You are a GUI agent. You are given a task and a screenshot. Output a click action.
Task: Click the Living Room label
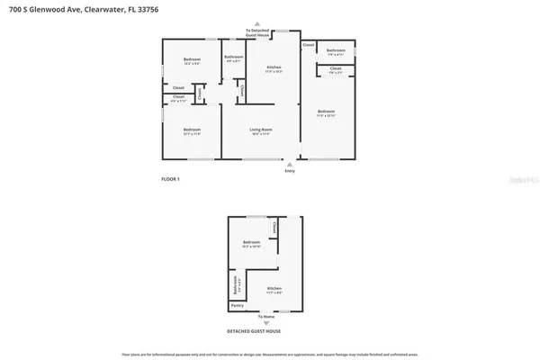tap(261, 130)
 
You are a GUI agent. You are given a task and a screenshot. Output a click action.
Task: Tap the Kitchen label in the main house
tap(274, 67)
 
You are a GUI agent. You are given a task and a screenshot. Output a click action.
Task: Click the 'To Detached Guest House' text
tap(261, 33)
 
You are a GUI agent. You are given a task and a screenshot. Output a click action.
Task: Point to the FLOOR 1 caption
tap(171, 179)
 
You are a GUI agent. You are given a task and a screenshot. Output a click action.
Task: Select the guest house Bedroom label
tap(251, 243)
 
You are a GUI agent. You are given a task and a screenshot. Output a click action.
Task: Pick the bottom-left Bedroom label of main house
tap(191, 130)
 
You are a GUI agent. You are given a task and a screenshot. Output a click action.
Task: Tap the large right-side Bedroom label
tap(326, 113)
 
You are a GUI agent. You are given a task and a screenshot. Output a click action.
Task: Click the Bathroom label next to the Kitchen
tap(234, 58)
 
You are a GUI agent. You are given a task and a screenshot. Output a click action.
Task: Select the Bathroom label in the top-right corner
tap(336, 50)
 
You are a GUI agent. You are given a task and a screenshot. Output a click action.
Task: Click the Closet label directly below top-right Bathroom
tap(335, 68)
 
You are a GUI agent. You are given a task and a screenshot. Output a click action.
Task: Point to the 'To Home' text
tap(266, 317)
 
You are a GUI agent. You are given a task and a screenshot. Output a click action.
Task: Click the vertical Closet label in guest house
tap(274, 232)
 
